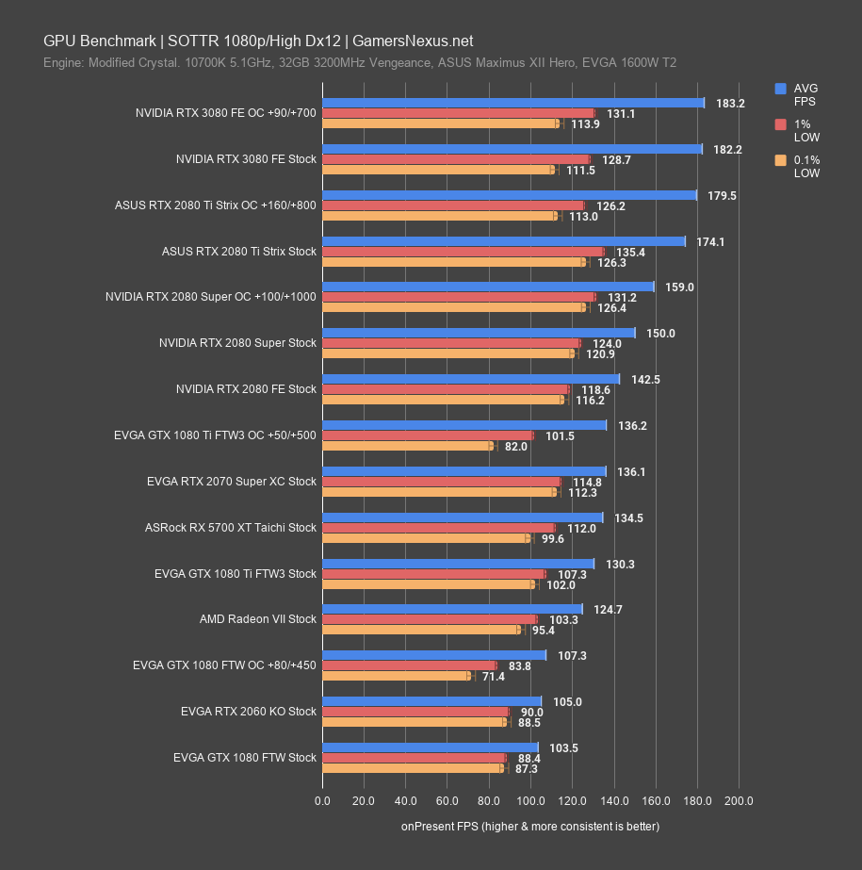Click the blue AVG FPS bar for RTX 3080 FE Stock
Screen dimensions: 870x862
[512, 149]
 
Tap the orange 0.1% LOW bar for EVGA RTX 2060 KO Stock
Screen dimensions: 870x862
[415, 722]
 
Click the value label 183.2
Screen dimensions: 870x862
[730, 104]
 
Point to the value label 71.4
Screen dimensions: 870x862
[493, 677]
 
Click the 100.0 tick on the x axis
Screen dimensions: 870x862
[530, 801]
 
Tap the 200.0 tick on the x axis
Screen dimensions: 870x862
[739, 801]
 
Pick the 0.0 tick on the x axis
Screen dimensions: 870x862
[322, 801]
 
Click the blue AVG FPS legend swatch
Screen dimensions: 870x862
[780, 89]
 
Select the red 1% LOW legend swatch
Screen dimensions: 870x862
[780, 124]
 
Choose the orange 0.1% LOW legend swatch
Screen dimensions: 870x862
[780, 160]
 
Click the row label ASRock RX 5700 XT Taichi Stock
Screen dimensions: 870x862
[231, 528]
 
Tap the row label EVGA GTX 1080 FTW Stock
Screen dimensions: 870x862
[245, 757]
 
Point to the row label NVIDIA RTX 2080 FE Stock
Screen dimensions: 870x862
[246, 389]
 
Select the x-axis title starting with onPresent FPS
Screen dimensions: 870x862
[529, 827]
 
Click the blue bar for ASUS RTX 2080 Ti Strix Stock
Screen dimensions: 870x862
[503, 241]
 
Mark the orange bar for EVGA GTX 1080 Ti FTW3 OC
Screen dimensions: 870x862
[407, 446]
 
